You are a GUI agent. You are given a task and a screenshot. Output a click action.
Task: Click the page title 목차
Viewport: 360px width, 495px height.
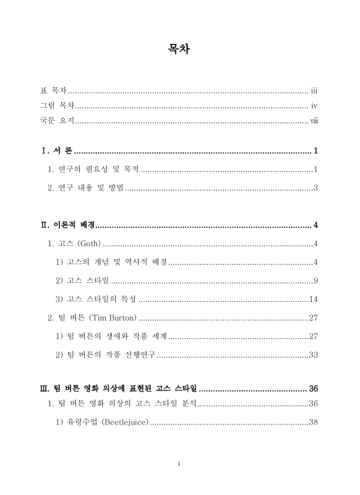(x=179, y=49)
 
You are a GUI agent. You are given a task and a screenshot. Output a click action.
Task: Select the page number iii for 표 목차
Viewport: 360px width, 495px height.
(x=314, y=90)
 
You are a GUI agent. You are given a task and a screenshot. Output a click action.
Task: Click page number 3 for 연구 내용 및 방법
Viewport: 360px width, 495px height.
(x=315, y=187)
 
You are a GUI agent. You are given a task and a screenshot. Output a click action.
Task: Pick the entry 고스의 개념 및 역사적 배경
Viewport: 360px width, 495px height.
(x=116, y=262)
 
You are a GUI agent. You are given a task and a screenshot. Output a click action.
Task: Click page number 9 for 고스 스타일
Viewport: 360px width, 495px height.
(x=315, y=281)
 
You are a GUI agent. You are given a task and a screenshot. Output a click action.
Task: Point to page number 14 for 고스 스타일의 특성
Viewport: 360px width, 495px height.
(x=313, y=299)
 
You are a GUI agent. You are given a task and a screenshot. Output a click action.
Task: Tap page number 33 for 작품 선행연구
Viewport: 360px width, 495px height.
(x=313, y=355)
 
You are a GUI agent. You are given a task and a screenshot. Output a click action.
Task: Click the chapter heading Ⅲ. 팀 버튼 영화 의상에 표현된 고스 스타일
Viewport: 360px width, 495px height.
(x=118, y=389)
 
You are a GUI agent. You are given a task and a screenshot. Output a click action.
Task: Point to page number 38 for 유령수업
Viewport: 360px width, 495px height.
(x=313, y=423)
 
